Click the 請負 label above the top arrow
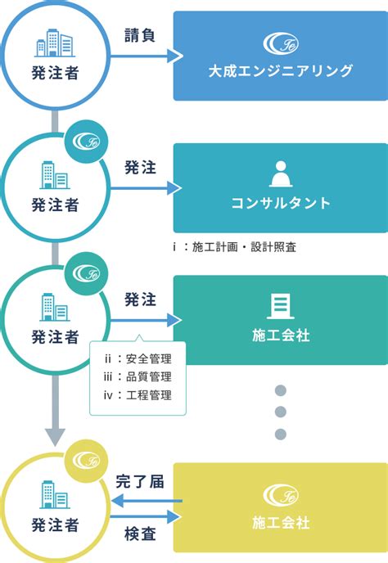(x=140, y=35)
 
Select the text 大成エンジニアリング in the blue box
(x=281, y=70)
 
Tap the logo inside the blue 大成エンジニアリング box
(x=281, y=43)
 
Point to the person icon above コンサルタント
(x=281, y=173)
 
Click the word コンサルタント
(x=281, y=203)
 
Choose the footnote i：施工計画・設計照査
(x=235, y=246)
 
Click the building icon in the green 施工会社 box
(x=281, y=306)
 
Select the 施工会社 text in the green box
(x=281, y=336)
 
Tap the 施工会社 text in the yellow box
(x=281, y=522)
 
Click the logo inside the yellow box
(x=281, y=495)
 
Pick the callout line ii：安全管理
(x=138, y=358)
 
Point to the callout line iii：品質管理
(x=138, y=376)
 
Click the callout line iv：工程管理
(x=138, y=395)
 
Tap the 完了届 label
(x=140, y=481)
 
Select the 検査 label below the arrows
(x=140, y=534)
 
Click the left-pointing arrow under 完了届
(x=147, y=501)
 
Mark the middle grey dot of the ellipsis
(x=281, y=412)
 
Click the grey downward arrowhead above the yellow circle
(x=55, y=437)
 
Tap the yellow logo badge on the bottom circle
(x=86, y=461)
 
